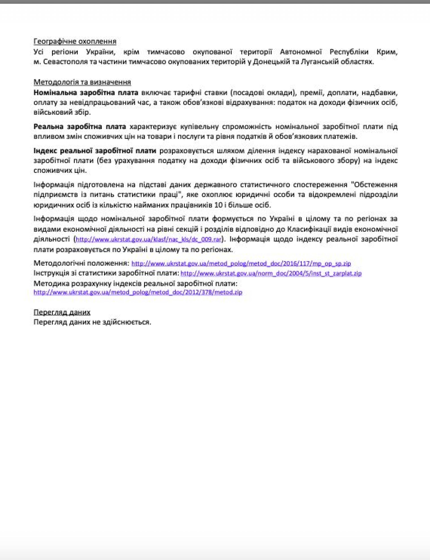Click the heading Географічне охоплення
75,41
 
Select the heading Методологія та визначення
82,82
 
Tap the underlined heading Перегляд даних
62,312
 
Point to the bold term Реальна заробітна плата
80,127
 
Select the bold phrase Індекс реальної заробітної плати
95,151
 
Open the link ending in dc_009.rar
149,240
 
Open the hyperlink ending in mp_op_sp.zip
241,263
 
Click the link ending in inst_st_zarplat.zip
271,273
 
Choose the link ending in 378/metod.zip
138,292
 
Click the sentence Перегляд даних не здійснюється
92,322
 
